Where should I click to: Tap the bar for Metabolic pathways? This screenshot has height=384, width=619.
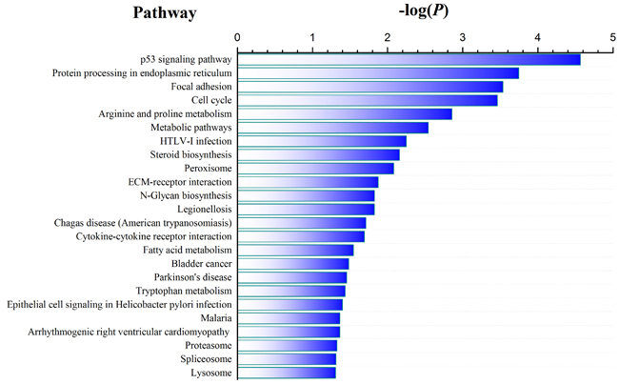[x=332, y=128]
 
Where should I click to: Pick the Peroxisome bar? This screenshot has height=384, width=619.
[x=315, y=169]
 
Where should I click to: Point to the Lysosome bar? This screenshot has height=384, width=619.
[x=286, y=373]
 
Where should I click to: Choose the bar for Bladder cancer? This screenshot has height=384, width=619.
[x=292, y=264]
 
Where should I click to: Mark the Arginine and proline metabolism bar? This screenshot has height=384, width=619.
[x=344, y=114]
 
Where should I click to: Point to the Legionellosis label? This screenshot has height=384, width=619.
[x=204, y=209]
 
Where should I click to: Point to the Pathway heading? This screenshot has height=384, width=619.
[x=164, y=13]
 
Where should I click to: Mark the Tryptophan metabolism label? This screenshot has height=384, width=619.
[x=185, y=291]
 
